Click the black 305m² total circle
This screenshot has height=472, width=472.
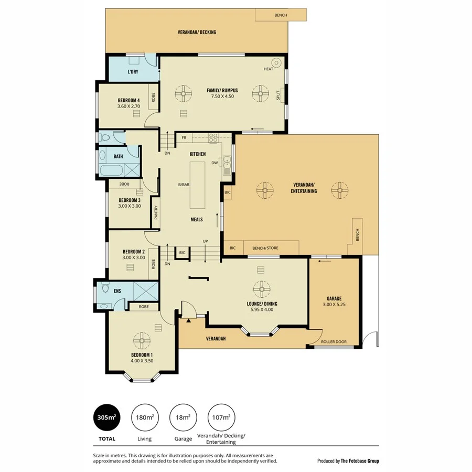106,417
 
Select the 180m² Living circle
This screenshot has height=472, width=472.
144,417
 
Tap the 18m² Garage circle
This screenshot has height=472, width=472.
183,417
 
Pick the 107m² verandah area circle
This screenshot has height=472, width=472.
221,417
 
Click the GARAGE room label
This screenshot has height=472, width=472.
334,298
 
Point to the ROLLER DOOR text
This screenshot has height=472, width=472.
334,342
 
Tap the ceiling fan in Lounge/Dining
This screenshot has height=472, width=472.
261,289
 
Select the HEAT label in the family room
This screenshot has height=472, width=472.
269,69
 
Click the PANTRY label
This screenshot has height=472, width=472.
156,212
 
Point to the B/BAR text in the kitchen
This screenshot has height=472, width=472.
183,184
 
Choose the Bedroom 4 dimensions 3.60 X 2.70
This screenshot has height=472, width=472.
128,106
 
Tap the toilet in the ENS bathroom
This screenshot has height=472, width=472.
105,289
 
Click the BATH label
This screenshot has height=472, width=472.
118,156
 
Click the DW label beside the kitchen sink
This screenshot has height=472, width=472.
214,163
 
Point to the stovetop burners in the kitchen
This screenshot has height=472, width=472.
213,138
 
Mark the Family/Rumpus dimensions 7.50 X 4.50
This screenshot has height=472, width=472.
222,96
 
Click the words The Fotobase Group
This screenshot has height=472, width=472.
360,461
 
